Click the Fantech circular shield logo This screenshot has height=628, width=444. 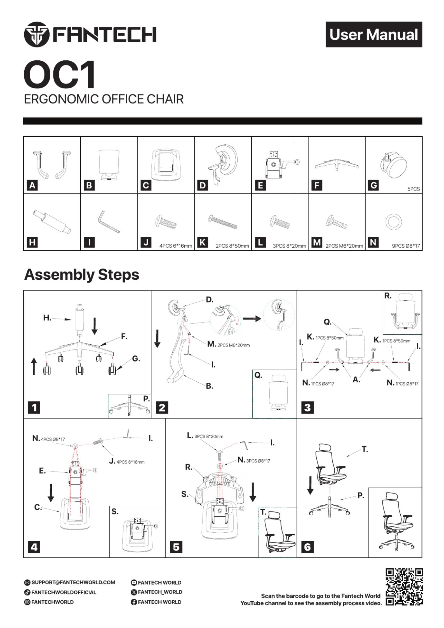37,34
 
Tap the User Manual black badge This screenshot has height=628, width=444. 373,34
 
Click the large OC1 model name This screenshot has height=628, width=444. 60,74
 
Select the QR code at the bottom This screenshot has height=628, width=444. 404,587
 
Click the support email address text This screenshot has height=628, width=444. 73,582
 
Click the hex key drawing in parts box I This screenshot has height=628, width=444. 109,222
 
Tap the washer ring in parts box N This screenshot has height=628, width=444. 393,222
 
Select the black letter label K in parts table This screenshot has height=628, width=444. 203,242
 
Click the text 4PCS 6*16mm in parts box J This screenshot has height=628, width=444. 176,246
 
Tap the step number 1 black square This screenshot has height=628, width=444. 34,407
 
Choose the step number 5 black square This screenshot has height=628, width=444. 176,547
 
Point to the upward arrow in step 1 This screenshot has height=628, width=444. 34,366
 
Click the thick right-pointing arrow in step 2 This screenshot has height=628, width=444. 252,318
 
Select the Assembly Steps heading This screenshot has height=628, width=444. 82,275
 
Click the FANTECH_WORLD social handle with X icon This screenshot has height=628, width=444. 157,592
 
